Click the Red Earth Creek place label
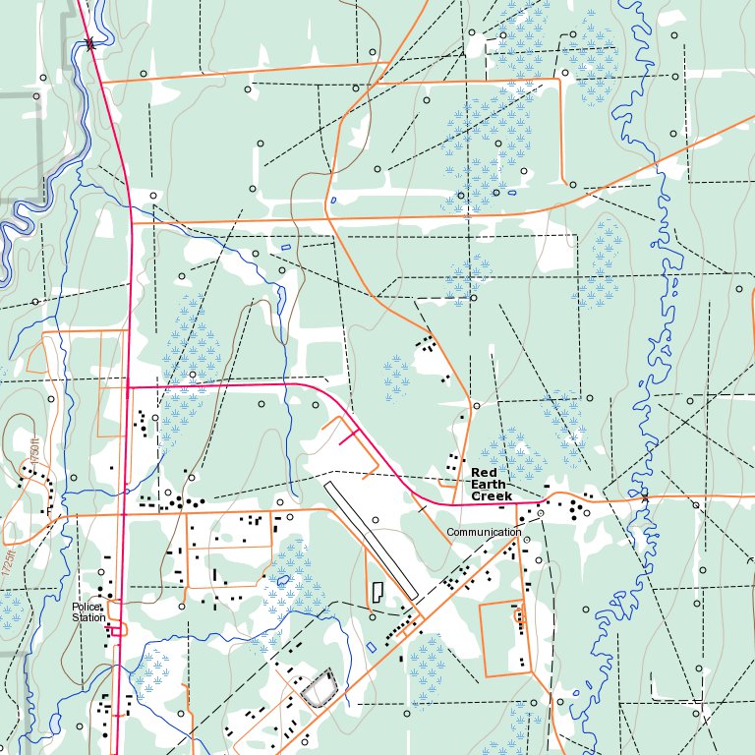click(492, 485)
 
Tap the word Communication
click(484, 532)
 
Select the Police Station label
click(87, 612)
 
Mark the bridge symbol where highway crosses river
click(90, 42)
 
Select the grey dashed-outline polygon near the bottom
click(318, 688)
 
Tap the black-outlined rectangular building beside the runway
click(377, 593)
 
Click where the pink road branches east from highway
click(129, 387)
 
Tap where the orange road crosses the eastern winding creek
click(644, 498)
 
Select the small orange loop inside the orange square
click(518, 616)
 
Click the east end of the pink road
click(542, 502)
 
